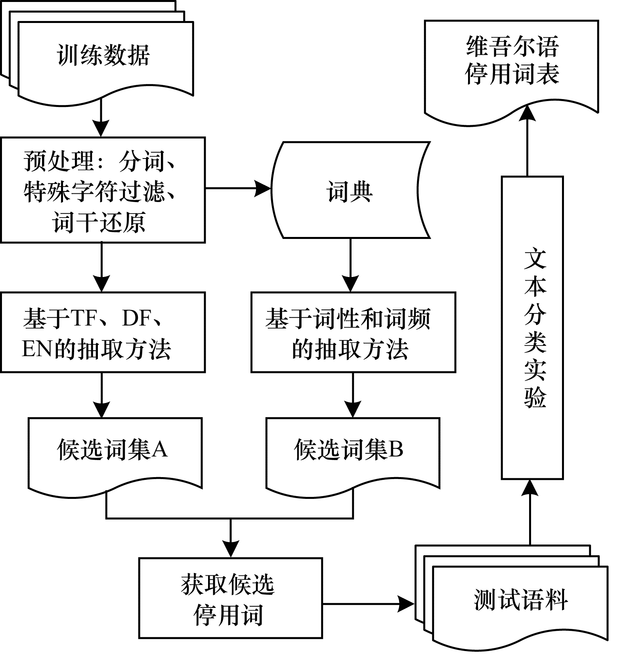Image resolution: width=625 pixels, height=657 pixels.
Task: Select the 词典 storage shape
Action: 350,190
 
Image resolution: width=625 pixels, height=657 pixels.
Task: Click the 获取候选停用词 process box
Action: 230,598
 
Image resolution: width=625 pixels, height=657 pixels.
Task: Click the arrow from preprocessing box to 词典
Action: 238,189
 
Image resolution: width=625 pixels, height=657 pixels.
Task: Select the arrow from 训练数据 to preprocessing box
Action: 101,117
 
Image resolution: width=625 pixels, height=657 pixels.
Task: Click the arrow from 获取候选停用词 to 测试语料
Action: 369,604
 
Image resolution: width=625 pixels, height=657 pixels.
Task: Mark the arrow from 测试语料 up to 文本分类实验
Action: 530,511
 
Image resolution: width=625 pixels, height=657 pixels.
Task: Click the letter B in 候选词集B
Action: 396,449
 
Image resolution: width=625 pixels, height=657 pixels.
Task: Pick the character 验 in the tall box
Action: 535,396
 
